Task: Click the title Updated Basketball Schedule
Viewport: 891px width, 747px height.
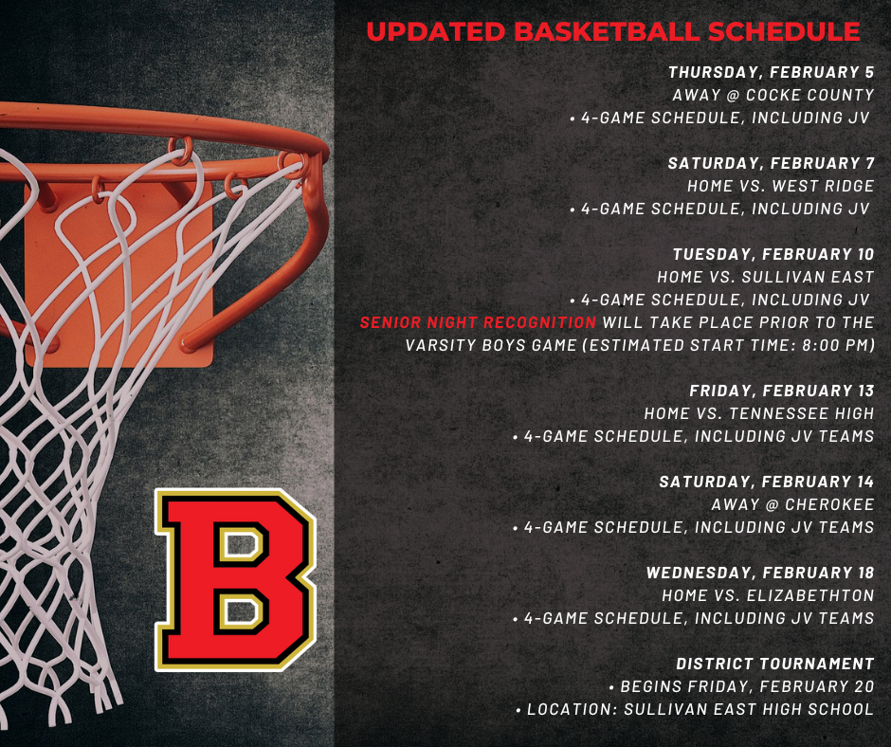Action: coord(612,31)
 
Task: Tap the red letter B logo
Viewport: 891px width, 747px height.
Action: coord(236,579)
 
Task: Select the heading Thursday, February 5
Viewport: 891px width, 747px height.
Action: coord(771,72)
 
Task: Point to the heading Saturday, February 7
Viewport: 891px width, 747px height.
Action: coord(771,163)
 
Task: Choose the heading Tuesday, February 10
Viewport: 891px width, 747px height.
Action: coord(773,254)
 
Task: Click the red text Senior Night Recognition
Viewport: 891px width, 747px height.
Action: coord(478,322)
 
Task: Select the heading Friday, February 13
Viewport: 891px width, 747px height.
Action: coord(781,391)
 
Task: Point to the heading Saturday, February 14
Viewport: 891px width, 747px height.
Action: coord(766,482)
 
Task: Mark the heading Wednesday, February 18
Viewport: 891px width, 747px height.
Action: coord(759,573)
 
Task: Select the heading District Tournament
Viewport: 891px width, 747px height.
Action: coord(774,664)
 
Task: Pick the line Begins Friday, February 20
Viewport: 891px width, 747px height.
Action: coord(742,686)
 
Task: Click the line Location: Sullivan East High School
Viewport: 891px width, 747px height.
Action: coord(694,709)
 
